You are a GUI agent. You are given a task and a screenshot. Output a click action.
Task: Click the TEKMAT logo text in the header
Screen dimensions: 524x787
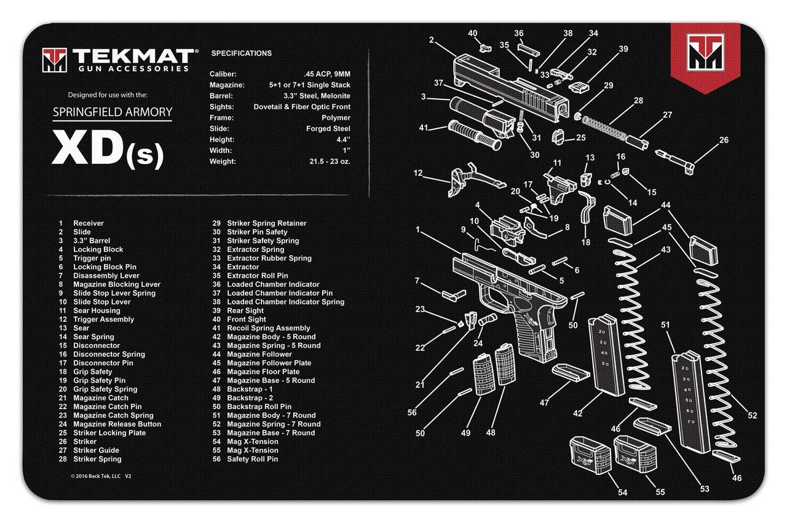132,56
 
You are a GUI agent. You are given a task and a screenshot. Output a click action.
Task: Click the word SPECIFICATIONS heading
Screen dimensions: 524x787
241,53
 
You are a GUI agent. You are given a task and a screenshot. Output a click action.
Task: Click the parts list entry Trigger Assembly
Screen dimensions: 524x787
103,319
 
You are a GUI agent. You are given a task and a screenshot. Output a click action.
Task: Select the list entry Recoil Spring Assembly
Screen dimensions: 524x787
269,328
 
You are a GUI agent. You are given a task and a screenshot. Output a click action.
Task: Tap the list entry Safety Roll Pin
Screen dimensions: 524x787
252,459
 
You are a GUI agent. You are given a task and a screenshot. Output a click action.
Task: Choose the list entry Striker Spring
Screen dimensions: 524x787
97,459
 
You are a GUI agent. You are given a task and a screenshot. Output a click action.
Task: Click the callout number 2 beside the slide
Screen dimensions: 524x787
432,41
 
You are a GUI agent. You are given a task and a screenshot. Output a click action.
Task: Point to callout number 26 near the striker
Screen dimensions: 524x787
723,140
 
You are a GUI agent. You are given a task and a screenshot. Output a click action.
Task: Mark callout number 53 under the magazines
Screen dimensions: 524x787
705,489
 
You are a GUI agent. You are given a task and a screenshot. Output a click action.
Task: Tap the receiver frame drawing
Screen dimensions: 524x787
510,295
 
